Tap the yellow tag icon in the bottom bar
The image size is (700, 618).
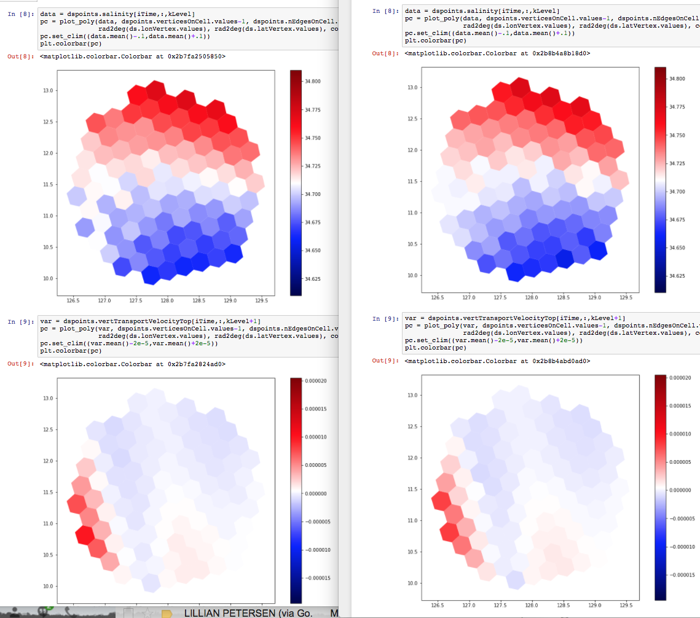[167, 614]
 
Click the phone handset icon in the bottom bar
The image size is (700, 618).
[70, 612]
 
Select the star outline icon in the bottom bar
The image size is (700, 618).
[147, 613]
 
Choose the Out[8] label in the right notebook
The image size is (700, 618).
[386, 53]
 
